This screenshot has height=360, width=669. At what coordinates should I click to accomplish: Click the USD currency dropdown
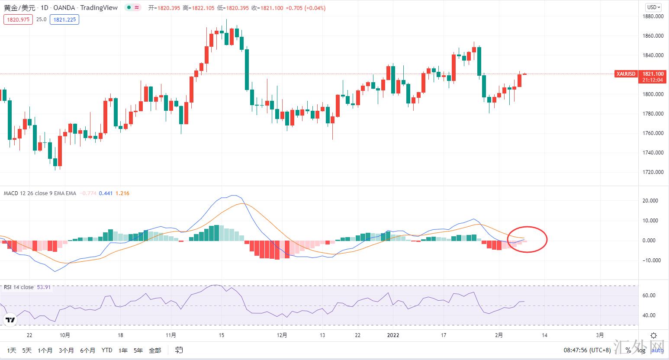(653, 7)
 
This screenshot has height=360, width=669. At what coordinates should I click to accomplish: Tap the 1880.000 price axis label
(653, 16)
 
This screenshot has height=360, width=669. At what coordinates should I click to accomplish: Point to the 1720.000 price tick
(653, 172)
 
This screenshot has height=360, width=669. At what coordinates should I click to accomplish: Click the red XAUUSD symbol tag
(626, 74)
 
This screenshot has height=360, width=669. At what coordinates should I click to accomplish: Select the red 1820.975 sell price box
(18, 19)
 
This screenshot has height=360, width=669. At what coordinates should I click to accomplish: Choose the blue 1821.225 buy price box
(64, 19)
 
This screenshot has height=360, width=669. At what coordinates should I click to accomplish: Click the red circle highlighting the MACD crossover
(527, 239)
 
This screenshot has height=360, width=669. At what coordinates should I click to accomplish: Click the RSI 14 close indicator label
(19, 287)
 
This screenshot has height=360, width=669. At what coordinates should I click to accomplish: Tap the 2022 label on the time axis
(393, 335)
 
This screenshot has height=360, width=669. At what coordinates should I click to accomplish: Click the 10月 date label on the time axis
(65, 335)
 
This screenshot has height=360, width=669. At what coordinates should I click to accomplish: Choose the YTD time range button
(107, 350)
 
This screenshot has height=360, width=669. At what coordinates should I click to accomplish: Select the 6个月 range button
(88, 350)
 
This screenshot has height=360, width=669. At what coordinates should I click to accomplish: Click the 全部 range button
(155, 350)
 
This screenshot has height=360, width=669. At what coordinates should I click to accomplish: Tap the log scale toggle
(641, 350)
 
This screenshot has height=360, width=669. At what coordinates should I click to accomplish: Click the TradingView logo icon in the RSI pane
(10, 320)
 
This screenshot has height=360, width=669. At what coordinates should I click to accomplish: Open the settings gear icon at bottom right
(654, 335)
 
